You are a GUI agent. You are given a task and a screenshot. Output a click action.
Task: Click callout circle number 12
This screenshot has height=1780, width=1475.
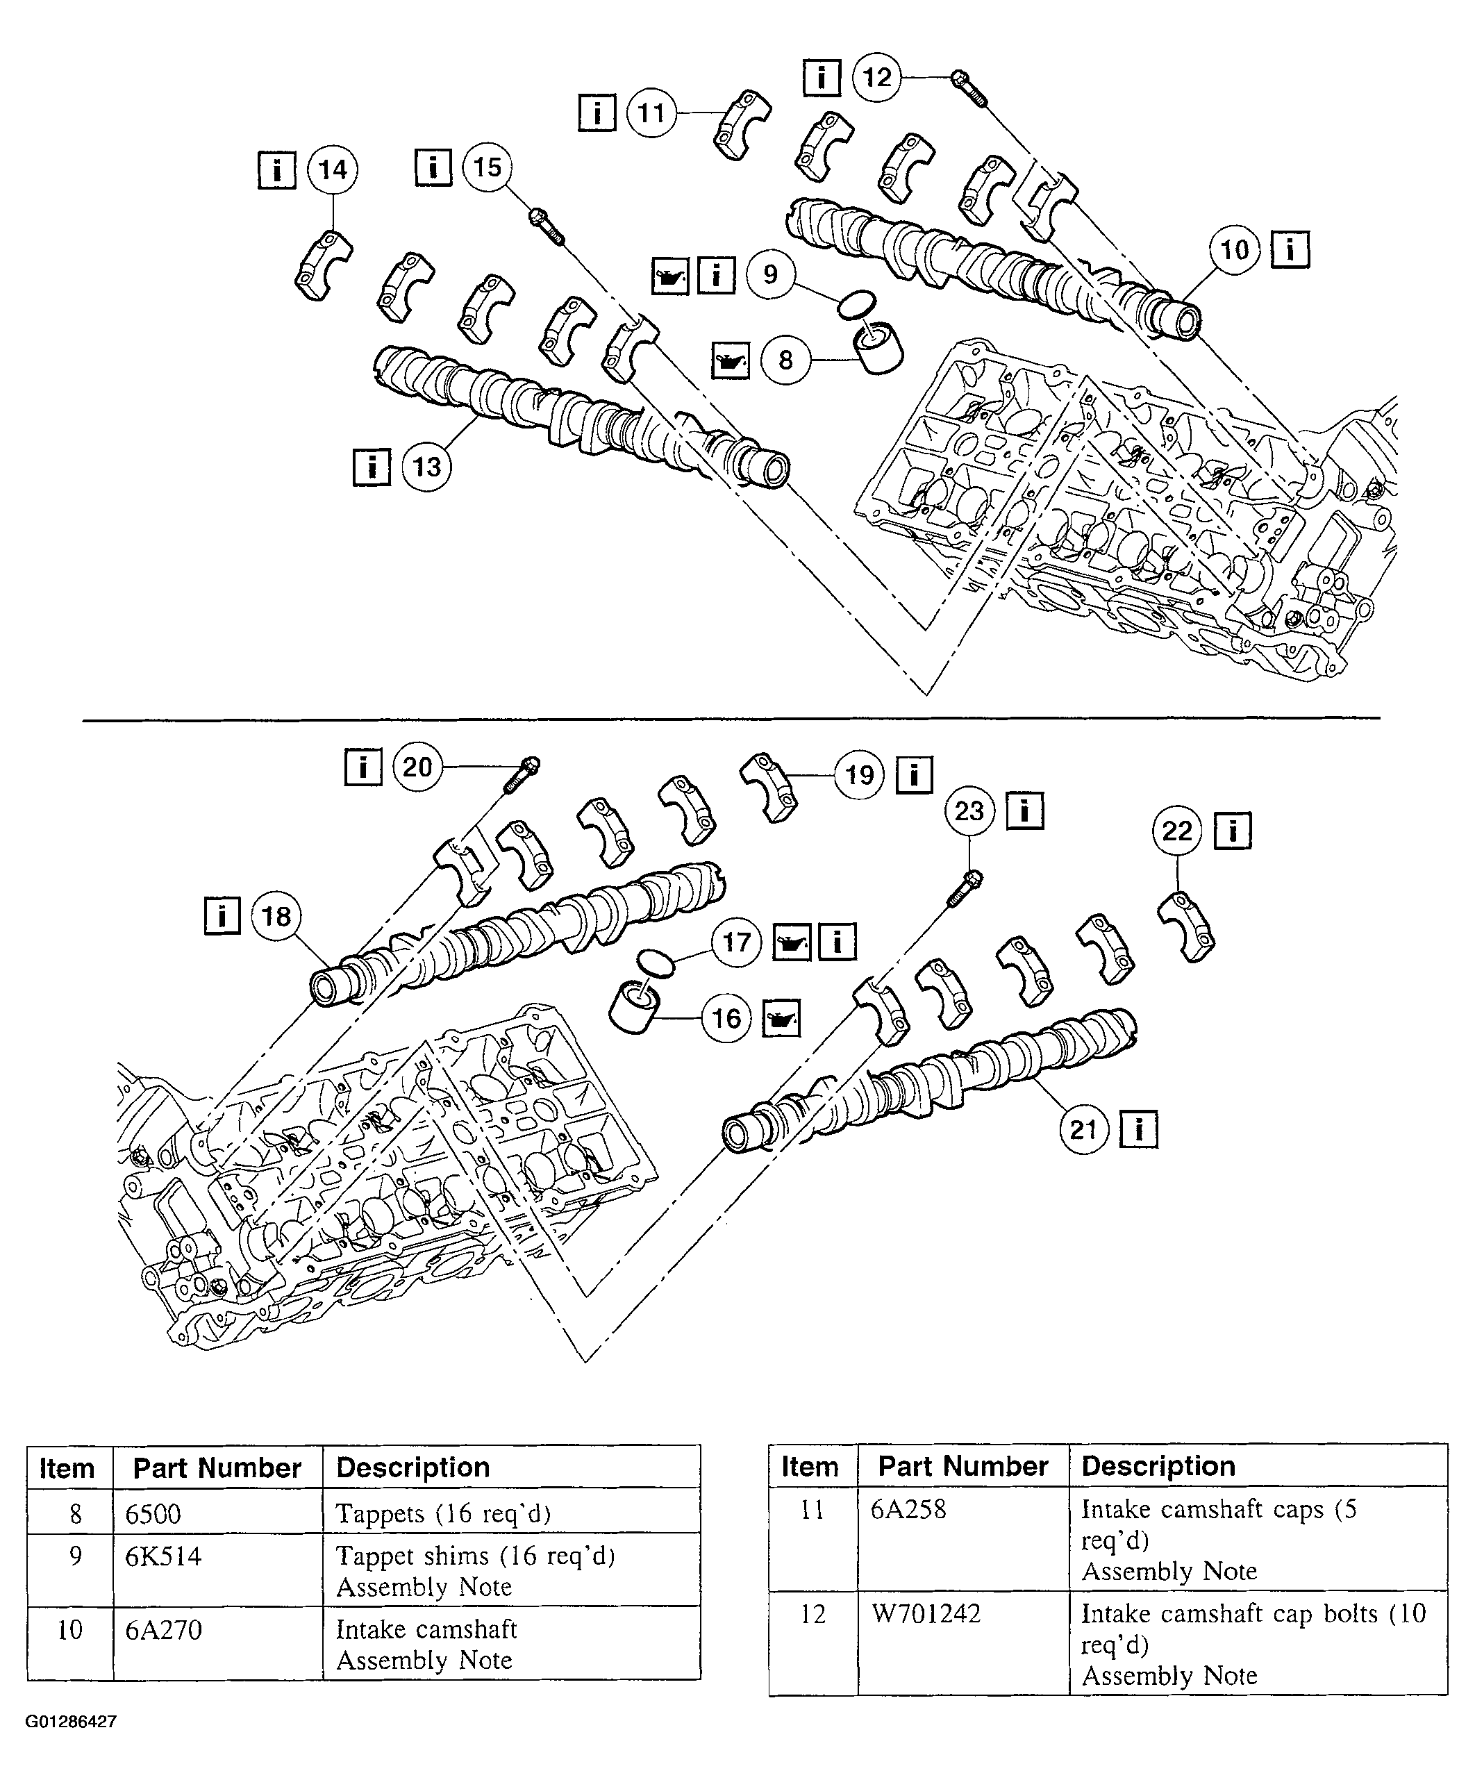click(876, 78)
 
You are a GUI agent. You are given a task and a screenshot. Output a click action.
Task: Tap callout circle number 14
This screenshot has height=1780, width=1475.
click(333, 169)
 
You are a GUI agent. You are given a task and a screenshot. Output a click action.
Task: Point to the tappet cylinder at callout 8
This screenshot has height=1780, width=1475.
click(876, 347)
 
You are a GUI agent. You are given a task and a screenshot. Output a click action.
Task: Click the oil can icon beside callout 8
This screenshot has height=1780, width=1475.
click(730, 361)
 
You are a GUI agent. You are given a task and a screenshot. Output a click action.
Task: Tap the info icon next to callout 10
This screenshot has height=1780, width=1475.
click(1290, 250)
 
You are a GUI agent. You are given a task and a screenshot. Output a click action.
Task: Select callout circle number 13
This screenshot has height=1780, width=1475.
click(426, 467)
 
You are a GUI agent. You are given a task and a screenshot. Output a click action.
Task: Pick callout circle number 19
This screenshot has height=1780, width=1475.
click(860, 775)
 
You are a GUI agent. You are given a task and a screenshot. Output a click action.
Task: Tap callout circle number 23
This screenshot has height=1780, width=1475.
click(969, 811)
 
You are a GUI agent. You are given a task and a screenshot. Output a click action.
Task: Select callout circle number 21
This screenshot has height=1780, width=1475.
click(1084, 1130)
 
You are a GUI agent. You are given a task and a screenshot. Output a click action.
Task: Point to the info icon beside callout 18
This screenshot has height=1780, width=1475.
click(222, 915)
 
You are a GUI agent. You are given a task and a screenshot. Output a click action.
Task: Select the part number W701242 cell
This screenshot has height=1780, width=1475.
click(926, 1613)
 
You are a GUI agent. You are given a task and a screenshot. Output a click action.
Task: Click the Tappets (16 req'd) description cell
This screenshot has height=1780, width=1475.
click(443, 1513)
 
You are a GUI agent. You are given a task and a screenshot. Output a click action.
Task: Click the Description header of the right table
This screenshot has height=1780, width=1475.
click(1158, 1465)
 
